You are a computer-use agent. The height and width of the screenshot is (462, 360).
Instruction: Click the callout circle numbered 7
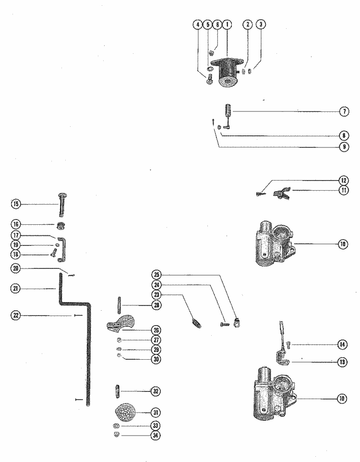coord(344,111)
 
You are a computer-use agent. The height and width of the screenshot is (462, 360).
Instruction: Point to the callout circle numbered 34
coord(156,436)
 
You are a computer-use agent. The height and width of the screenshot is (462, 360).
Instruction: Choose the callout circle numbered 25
coord(156,275)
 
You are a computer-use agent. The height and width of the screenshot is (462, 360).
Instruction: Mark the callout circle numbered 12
coord(344,181)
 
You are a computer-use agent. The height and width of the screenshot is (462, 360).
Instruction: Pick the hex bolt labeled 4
coord(210,81)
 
